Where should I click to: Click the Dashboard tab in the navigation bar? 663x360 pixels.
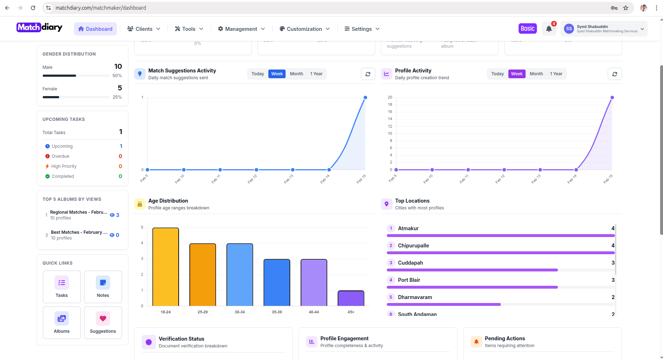point(95,29)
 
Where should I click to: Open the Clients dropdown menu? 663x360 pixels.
point(144,29)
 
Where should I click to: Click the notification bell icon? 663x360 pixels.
point(549,29)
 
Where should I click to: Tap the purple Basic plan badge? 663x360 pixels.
point(527,29)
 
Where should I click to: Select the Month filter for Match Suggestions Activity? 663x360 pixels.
point(296,74)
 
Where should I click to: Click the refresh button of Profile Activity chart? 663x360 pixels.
point(615,74)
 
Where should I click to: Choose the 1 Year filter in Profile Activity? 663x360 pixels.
point(556,74)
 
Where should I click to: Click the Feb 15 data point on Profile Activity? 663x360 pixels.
point(612,98)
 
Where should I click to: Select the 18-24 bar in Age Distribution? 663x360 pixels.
point(165,267)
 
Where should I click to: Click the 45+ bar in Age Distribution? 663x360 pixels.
point(351,298)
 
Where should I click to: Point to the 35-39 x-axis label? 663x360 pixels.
point(277,312)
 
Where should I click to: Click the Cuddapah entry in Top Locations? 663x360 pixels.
point(410,263)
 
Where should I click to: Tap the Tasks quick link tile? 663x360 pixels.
point(62,287)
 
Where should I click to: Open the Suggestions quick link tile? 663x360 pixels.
point(103,323)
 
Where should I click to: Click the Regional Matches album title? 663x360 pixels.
point(79,212)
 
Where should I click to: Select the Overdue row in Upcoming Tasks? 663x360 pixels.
point(61,156)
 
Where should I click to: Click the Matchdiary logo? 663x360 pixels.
point(39,28)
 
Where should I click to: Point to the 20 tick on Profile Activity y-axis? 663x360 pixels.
point(390,98)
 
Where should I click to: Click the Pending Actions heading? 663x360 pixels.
point(505,338)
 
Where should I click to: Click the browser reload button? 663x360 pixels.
point(33,8)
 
